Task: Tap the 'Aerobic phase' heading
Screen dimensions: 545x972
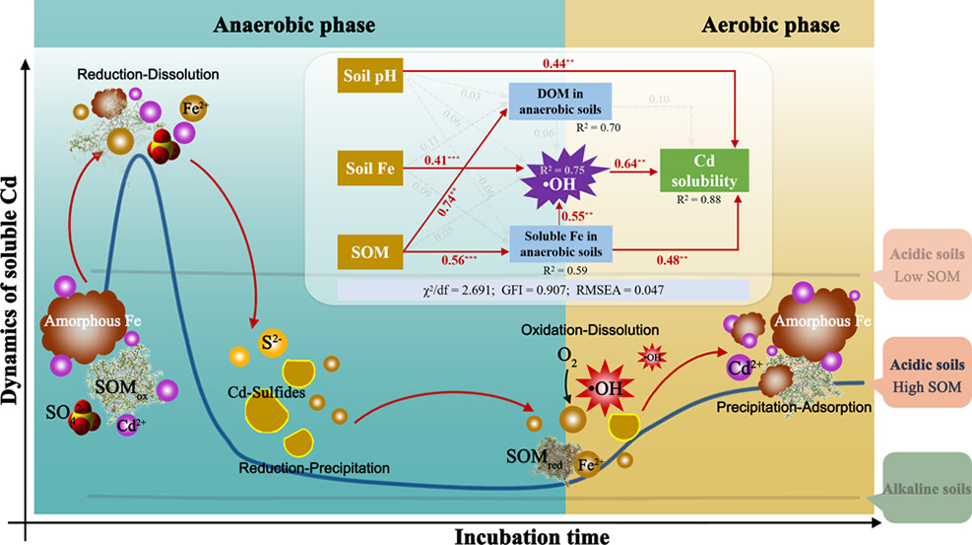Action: (771, 25)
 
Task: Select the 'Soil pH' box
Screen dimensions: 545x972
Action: (368, 75)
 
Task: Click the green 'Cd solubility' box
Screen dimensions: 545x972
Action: (705, 170)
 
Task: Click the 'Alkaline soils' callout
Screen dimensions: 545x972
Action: (926, 487)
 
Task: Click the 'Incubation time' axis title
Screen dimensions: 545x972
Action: (532, 535)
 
